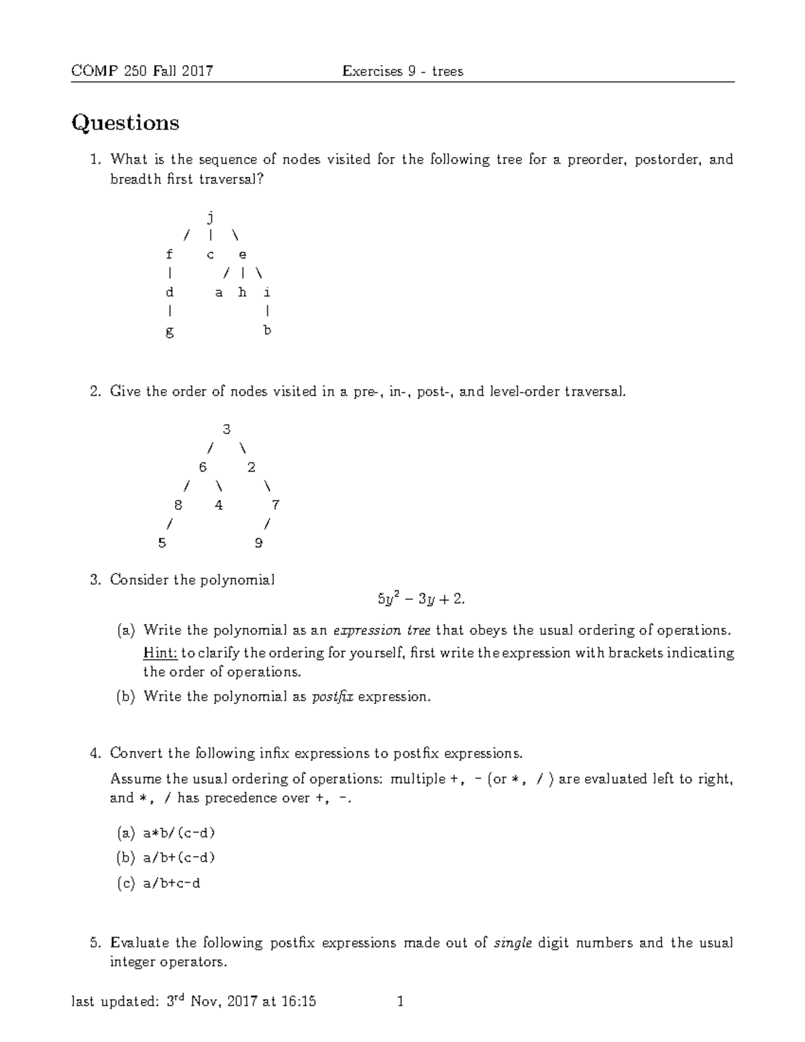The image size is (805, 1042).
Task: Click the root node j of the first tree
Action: pos(211,217)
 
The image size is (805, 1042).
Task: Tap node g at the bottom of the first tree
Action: pos(170,331)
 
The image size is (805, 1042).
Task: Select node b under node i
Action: pos(267,330)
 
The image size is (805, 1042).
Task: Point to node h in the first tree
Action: pos(242,293)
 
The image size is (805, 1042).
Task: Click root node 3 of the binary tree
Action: pos(226,429)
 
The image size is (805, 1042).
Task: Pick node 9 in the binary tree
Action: pos(259,543)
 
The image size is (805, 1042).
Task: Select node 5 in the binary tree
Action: pos(162,543)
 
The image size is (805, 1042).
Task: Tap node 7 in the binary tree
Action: pos(275,505)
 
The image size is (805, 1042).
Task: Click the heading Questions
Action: pos(125,123)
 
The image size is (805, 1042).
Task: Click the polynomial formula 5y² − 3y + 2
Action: pos(421,599)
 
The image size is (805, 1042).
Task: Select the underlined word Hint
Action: pos(160,653)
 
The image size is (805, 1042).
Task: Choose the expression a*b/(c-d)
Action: pos(178,833)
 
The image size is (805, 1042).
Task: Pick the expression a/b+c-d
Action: pos(172,884)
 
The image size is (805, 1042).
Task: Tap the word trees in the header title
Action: pos(447,71)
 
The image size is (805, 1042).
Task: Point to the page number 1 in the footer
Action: pos(400,1002)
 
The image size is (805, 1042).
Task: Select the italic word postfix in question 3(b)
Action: pos(333,697)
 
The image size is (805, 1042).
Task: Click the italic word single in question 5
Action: pos(513,943)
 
